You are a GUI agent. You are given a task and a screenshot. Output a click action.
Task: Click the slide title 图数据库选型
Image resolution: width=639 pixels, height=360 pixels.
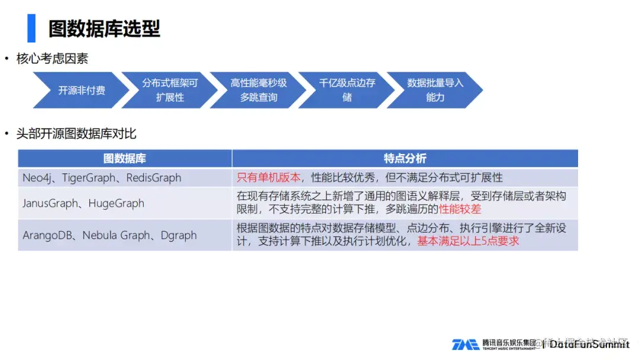104,28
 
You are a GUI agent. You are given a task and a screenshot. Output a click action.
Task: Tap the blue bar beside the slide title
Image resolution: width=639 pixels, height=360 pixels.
31,28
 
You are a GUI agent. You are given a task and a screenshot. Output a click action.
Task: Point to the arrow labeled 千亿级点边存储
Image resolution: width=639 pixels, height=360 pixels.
347,90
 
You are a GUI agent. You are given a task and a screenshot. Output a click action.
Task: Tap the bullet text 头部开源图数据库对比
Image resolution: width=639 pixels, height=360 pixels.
76,134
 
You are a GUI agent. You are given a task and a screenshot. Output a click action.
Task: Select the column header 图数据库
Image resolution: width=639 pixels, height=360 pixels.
124,159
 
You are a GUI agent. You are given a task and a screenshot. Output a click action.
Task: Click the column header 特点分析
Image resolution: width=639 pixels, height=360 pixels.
405,159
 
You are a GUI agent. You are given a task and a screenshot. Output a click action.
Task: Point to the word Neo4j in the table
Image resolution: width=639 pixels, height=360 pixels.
37,178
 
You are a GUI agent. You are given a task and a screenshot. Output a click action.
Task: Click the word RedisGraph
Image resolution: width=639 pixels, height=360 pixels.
154,178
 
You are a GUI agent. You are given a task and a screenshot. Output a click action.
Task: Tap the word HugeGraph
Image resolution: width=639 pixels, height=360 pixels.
116,203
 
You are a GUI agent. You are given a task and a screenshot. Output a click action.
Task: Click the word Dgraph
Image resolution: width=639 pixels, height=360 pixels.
179,235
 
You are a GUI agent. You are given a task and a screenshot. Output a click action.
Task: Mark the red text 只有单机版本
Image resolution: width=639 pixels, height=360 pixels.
269,178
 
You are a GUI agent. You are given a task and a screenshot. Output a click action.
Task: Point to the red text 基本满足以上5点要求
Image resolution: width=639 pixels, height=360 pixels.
468,242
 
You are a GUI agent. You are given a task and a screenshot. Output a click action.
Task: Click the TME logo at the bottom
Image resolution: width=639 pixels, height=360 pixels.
465,345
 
